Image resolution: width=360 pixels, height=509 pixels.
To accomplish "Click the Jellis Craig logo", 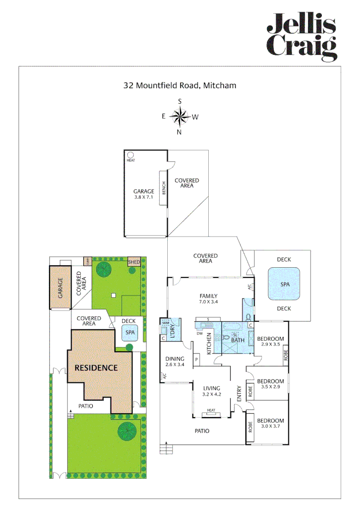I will point(302,37).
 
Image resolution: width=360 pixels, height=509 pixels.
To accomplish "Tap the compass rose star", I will point(180,116).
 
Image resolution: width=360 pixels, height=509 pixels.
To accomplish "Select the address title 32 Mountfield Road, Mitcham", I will point(180,86).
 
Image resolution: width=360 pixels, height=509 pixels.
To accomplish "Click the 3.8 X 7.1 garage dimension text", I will point(143,197).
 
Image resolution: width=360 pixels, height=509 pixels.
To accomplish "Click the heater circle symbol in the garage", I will point(130,155).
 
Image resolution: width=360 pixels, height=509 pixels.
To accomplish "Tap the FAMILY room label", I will point(208,296).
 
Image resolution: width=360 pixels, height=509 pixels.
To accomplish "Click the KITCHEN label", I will point(209,344).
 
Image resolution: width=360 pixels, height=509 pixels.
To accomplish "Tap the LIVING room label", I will point(211,388).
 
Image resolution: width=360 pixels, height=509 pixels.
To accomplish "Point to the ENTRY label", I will point(238,394).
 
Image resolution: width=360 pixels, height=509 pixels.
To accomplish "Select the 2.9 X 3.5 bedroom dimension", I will point(270,345).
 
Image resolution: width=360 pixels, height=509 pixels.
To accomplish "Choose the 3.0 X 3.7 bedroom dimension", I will point(270,427).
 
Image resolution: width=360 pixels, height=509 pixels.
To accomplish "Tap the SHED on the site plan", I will point(134,262).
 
